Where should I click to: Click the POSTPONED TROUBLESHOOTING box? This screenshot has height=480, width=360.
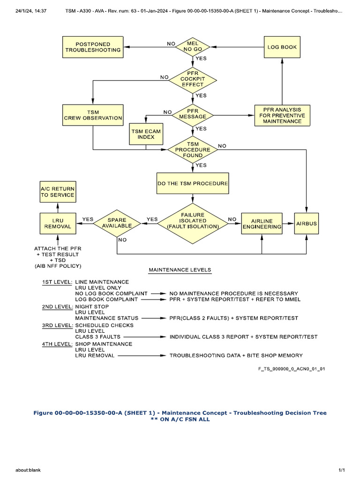click(x=93, y=46)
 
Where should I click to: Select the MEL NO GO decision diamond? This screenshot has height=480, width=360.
click(x=193, y=46)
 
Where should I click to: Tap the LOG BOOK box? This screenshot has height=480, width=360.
click(x=282, y=47)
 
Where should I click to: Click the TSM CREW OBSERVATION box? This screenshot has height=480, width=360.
click(x=93, y=115)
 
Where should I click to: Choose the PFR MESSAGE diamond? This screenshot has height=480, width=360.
click(x=193, y=113)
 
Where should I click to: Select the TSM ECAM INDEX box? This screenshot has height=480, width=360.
click(x=146, y=134)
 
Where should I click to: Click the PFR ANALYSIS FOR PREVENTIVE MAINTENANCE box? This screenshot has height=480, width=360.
click(x=282, y=115)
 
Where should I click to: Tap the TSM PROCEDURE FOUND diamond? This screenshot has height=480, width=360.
click(x=193, y=150)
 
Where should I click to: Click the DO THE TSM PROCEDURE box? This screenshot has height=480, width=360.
click(x=193, y=183)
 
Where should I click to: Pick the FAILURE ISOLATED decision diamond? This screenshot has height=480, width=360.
click(x=193, y=223)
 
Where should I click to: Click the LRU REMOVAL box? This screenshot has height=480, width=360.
click(x=57, y=223)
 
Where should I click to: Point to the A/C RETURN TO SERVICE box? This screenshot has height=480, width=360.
click(x=57, y=191)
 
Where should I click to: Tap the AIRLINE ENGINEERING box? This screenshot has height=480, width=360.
click(x=262, y=223)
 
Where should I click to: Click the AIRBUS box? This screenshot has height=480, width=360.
click(x=306, y=224)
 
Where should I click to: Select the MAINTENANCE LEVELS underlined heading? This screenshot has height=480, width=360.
click(x=180, y=270)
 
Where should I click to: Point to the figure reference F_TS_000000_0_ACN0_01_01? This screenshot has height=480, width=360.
click(x=292, y=368)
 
